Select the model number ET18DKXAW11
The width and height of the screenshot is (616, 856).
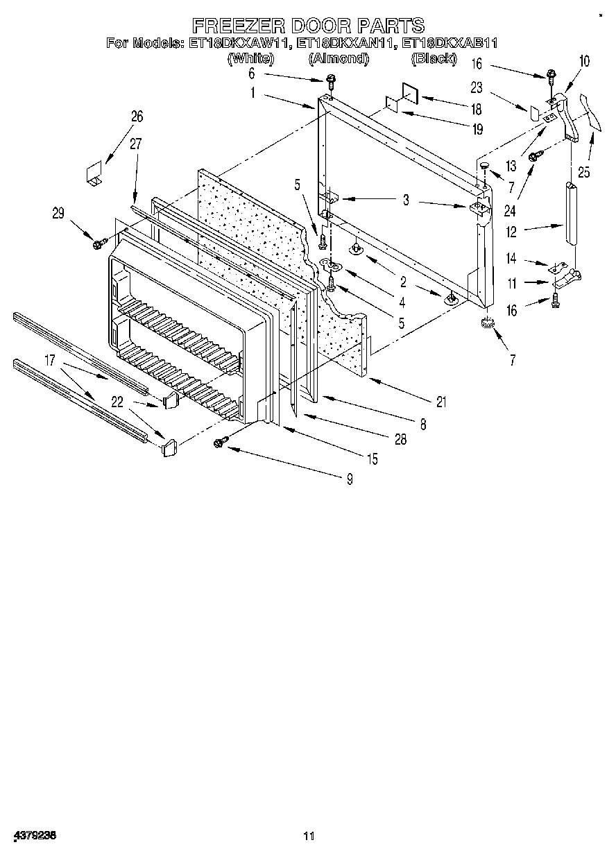tap(238, 44)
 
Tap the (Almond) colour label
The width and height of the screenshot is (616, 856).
tap(338, 59)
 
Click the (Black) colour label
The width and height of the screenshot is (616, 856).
tap(434, 59)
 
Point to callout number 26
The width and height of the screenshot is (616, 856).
tap(136, 116)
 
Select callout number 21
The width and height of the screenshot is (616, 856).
tap(441, 402)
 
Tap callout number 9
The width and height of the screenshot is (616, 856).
tap(349, 478)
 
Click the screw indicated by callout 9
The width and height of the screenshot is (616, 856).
tap(222, 440)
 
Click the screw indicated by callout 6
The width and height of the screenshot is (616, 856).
tap(332, 80)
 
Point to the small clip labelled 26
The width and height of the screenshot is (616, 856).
tap(94, 173)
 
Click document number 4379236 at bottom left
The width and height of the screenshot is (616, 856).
tap(34, 836)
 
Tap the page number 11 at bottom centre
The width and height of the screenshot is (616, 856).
tap(309, 837)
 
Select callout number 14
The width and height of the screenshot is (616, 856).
tap(511, 259)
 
